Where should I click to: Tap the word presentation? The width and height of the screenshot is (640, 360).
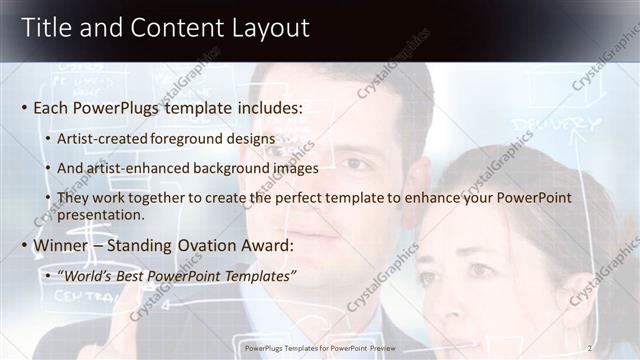click(x=101, y=214)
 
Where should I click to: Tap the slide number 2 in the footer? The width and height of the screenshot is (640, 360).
click(x=590, y=348)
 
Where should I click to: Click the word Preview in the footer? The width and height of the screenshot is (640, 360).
click(x=393, y=348)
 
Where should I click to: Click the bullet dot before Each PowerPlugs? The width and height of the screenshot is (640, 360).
click(x=24, y=107)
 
